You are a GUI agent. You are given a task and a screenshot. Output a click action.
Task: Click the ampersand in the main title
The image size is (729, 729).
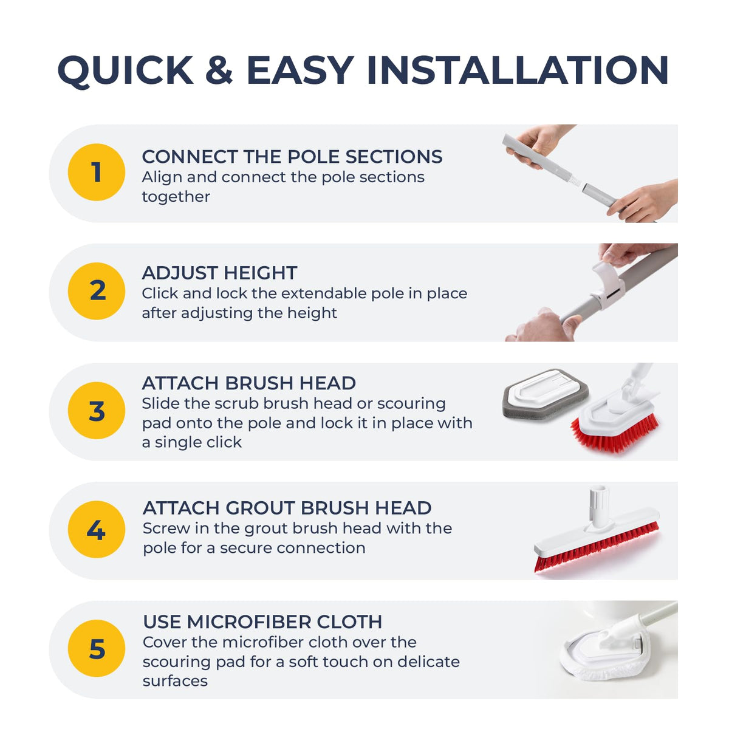[x=219, y=70]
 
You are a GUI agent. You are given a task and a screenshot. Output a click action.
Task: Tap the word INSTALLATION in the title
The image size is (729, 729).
[x=518, y=70]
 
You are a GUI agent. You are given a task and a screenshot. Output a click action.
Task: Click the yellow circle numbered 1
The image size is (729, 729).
[x=97, y=172]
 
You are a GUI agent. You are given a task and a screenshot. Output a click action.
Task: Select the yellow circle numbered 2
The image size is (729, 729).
[x=97, y=291]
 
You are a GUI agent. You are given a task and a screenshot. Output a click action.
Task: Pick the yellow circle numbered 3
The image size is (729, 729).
[x=97, y=411]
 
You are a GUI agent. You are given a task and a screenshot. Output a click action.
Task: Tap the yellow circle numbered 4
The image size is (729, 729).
[x=97, y=530]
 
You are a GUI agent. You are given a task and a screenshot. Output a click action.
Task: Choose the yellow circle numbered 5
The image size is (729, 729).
[x=97, y=648]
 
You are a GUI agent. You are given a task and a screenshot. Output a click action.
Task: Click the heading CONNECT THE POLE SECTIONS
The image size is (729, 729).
[x=292, y=157]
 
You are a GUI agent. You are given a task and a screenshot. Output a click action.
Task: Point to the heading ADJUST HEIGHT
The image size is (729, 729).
[x=219, y=273]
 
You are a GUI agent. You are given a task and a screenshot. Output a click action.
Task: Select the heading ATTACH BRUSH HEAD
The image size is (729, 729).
[x=249, y=383]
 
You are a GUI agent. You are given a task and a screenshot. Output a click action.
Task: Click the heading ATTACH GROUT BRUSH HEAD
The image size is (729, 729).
[x=287, y=508]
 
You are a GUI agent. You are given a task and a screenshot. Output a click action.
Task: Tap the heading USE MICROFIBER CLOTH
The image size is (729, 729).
[x=262, y=621]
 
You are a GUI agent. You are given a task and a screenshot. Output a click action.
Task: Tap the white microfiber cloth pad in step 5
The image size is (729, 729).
[x=604, y=659]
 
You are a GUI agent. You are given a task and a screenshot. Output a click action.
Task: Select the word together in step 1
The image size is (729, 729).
[x=176, y=197]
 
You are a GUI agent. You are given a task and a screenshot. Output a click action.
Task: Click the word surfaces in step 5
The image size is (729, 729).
[x=175, y=681]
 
